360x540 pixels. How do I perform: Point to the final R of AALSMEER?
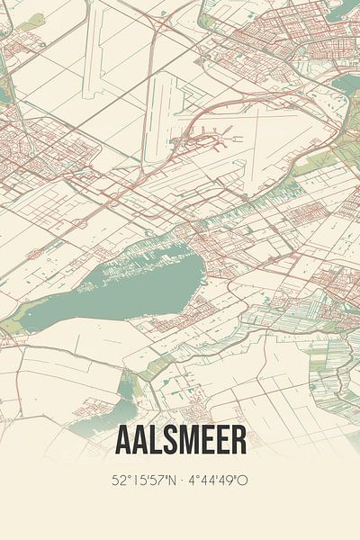238,441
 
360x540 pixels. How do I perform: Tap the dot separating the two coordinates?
182,480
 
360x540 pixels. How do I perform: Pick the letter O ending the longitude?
243,480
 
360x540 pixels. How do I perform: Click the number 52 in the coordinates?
118,480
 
